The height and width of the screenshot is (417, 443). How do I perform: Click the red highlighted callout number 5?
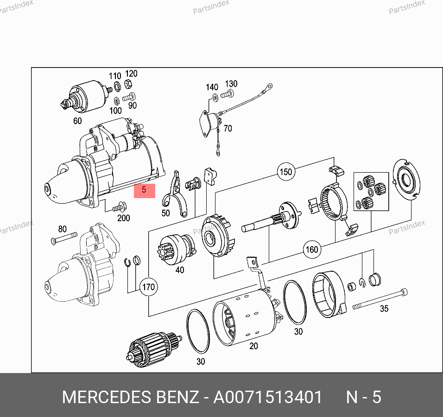145,191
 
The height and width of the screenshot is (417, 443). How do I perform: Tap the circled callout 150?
286,172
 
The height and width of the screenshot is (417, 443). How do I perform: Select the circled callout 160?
312,249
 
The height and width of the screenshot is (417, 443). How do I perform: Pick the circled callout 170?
149,287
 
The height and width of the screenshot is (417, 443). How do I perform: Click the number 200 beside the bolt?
123,218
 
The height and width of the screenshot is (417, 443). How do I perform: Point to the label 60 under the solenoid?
77,121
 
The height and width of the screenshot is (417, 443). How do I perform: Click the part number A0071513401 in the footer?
267,397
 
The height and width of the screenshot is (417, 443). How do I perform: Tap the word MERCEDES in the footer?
107,397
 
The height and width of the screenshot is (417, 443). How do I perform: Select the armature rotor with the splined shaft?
153,349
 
